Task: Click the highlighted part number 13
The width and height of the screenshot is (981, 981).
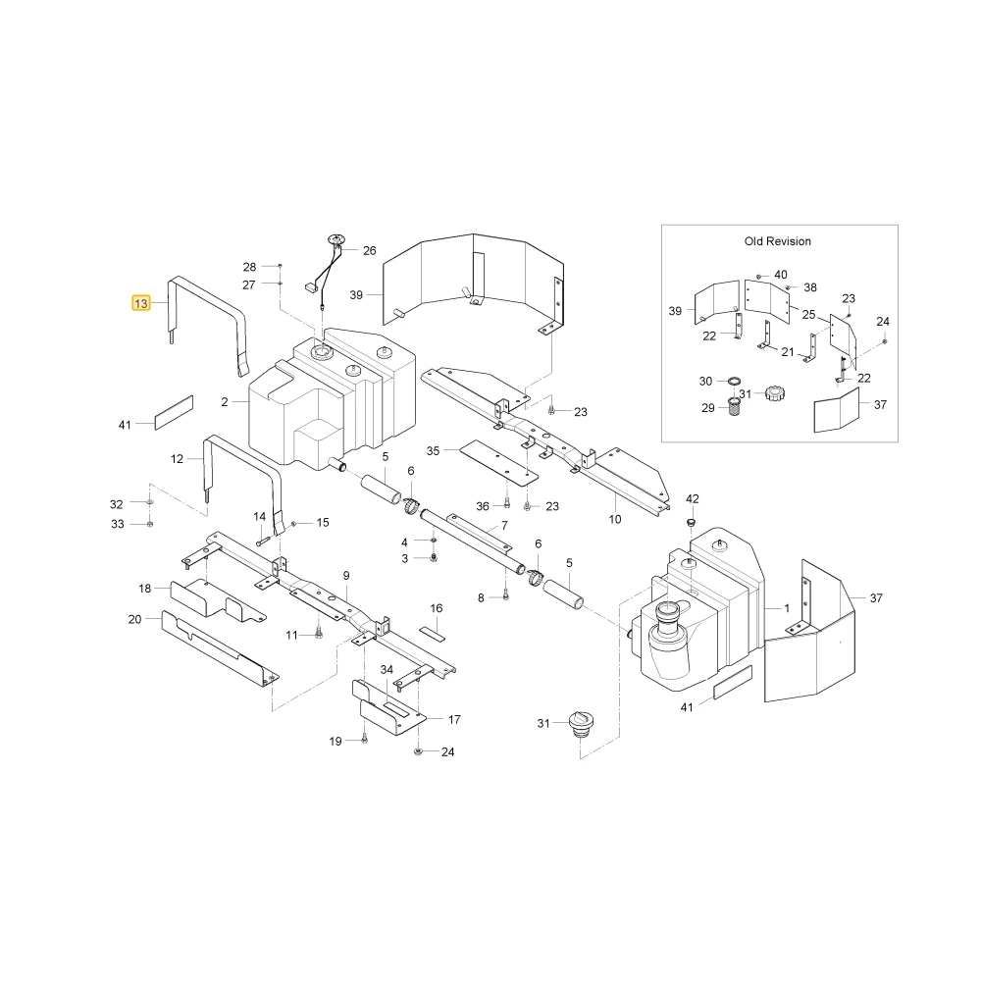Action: pos(140,303)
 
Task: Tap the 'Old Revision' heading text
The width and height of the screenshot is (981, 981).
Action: pos(777,241)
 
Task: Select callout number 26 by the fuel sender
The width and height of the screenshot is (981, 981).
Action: pos(370,251)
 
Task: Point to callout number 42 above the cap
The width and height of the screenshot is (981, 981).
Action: pos(692,498)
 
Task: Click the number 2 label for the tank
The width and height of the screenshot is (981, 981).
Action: pos(225,402)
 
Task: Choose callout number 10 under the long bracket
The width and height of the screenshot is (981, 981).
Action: pos(615,519)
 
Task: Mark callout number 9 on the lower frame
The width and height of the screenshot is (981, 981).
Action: pos(346,576)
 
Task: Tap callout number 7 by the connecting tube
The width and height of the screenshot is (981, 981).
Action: pos(504,526)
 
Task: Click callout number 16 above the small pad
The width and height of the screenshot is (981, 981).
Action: pos(437,608)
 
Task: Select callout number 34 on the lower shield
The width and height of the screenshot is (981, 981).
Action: pos(387,669)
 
